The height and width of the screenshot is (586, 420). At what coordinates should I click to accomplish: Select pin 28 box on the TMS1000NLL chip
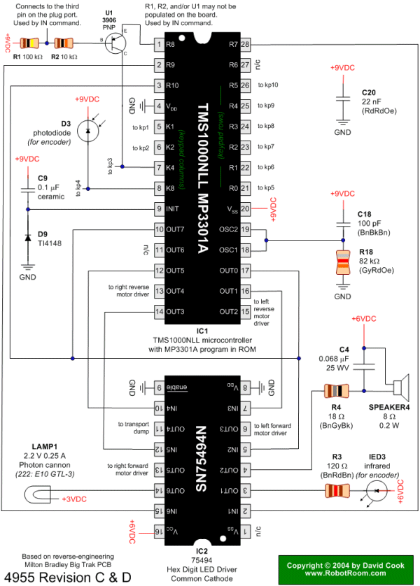246,44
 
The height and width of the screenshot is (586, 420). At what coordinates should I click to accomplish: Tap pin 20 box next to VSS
246,208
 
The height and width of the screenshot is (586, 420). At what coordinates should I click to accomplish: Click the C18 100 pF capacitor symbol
342,223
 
